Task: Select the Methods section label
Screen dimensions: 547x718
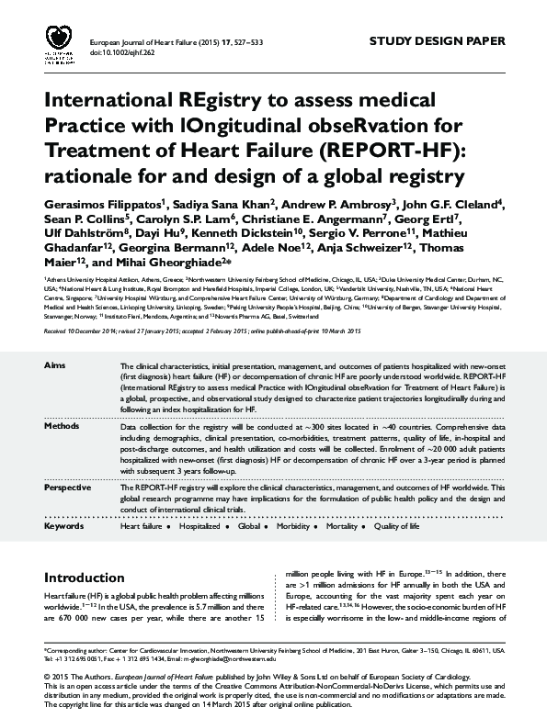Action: [62, 427]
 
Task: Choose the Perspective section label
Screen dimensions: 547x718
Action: [68, 488]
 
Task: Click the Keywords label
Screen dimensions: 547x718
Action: [63, 526]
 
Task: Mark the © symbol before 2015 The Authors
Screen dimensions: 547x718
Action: [48, 677]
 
